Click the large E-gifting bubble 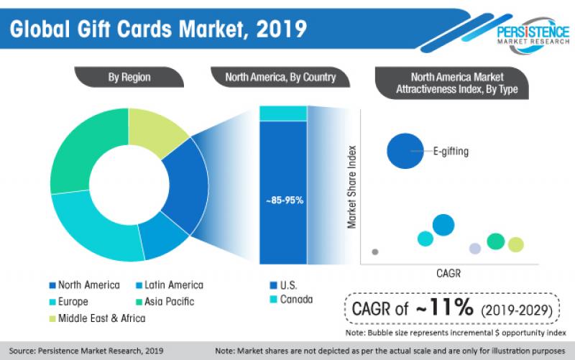[405, 151]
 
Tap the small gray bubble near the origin [375, 251]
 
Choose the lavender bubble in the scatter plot [474, 249]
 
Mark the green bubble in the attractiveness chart [495, 241]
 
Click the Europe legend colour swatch [53, 302]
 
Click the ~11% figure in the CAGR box [443, 308]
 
